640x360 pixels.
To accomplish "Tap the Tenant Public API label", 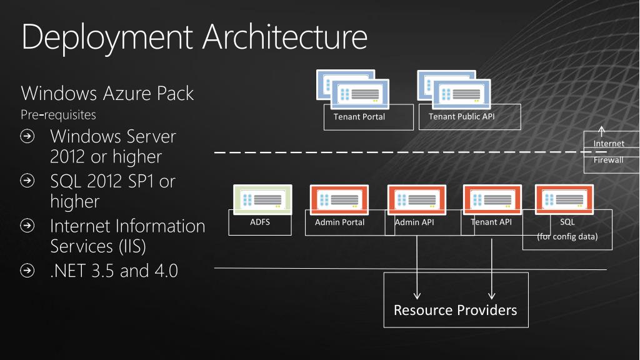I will [x=462, y=116].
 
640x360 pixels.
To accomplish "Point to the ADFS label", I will [x=259, y=221].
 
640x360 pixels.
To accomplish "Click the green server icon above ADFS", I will [x=262, y=199].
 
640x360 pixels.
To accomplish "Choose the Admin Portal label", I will [x=339, y=222].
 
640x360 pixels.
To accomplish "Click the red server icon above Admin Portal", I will [x=339, y=199].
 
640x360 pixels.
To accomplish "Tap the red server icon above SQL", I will [x=564, y=199].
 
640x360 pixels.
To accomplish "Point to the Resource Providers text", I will [x=455, y=310].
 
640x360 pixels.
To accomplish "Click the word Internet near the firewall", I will [x=609, y=144].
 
